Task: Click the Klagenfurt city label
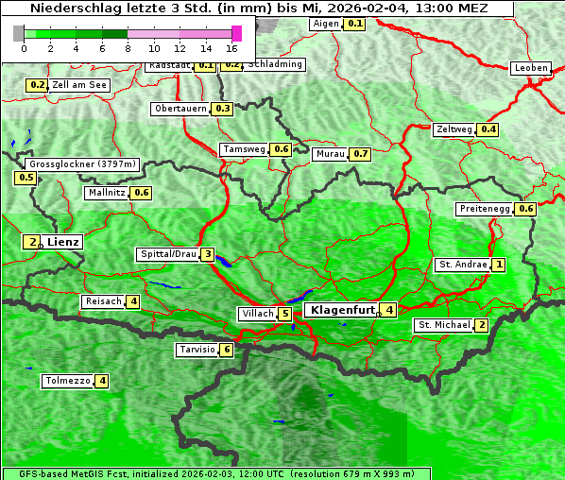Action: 342,309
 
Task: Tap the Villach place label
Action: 258,313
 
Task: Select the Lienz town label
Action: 63,242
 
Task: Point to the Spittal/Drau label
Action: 168,254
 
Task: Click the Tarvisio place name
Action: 197,350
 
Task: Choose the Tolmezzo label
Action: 67,381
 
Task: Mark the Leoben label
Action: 530,68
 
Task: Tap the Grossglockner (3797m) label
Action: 84,163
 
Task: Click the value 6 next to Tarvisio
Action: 227,350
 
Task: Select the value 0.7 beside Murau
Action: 359,153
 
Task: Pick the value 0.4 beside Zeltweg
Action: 488,129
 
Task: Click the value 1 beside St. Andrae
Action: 498,265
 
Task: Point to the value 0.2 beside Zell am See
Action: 37,85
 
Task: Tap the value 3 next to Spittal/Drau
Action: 208,254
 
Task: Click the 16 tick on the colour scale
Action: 232,47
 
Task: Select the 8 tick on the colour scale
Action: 128,47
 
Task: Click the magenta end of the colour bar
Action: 236,33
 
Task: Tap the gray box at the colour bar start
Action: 19,33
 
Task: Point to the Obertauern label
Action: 180,109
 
